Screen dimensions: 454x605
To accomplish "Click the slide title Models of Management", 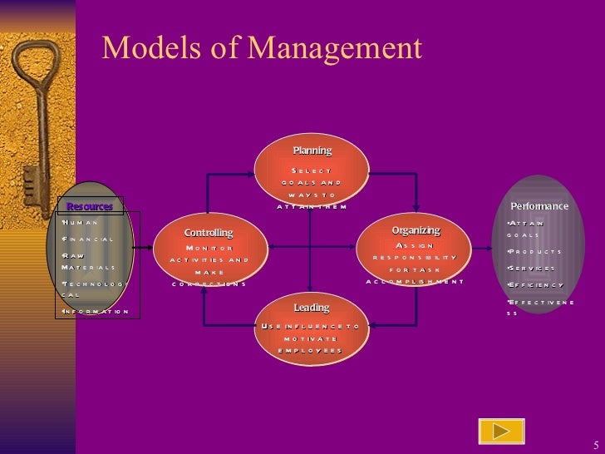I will (262, 48).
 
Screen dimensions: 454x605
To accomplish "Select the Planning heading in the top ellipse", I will (312, 151).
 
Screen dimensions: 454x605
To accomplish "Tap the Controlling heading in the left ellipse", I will (209, 233).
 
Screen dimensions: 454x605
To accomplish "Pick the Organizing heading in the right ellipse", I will (416, 230).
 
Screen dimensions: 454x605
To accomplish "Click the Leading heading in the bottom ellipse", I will (312, 308).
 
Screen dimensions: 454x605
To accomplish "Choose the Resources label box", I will (90, 206).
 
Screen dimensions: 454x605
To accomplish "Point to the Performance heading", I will (539, 206).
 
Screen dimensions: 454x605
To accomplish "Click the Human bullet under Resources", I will (81, 223).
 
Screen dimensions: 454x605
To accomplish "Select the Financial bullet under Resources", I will (88, 239).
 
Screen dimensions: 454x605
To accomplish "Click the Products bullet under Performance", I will (535, 251).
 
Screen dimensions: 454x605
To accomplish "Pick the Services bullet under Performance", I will (532, 269).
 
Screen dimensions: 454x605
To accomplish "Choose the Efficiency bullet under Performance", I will (536, 285).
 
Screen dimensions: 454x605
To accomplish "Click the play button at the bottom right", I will (501, 431).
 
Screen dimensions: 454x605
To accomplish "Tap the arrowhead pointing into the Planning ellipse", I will (256, 174).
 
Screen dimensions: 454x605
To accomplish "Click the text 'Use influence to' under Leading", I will (311, 327).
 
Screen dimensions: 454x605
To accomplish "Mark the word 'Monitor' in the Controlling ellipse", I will (209, 248).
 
